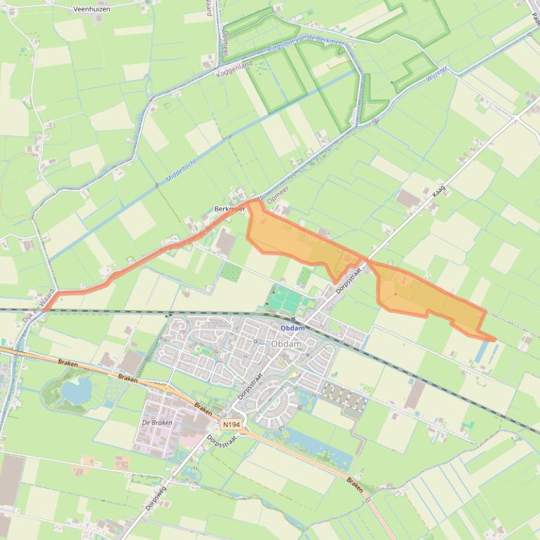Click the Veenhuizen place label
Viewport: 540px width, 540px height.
[x=92, y=9]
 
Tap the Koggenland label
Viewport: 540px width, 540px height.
[x=234, y=68]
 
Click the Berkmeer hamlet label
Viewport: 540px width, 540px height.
[x=229, y=209]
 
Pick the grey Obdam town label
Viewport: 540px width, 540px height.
[x=285, y=344]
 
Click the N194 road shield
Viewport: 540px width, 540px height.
[x=231, y=425]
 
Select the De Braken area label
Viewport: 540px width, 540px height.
[x=156, y=423]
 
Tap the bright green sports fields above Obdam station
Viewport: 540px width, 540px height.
[x=286, y=302]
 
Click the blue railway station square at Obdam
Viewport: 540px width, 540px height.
[x=292, y=320]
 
